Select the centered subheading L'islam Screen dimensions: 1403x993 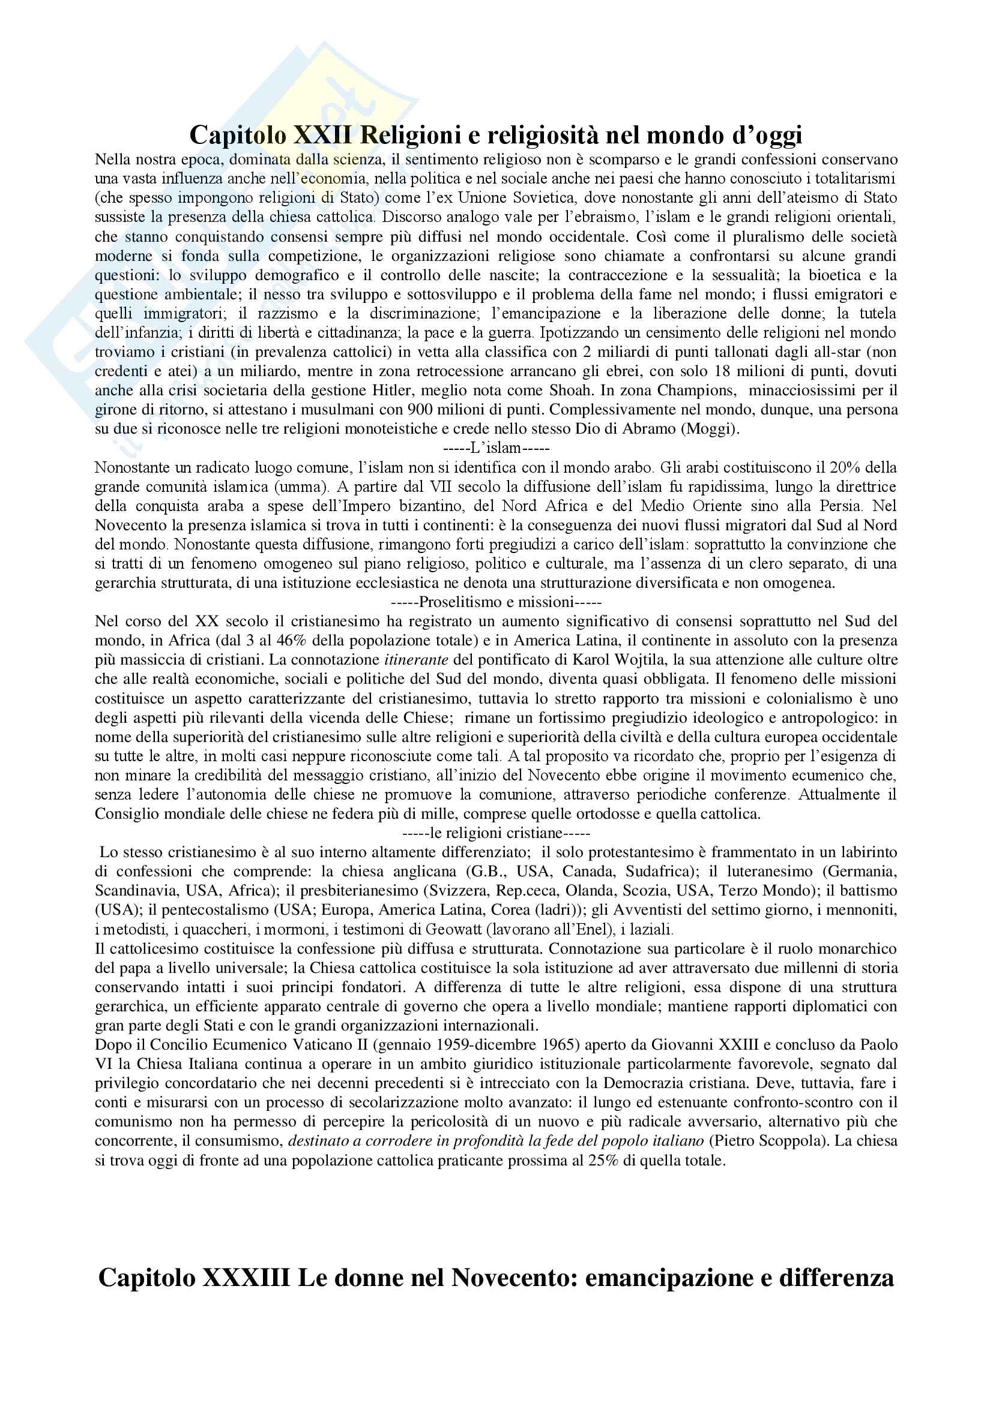pos(496,448)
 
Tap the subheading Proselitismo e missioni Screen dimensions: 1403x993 pos(496,602)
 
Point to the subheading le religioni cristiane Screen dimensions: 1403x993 pos(496,833)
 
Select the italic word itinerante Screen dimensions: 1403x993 pos(416,660)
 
